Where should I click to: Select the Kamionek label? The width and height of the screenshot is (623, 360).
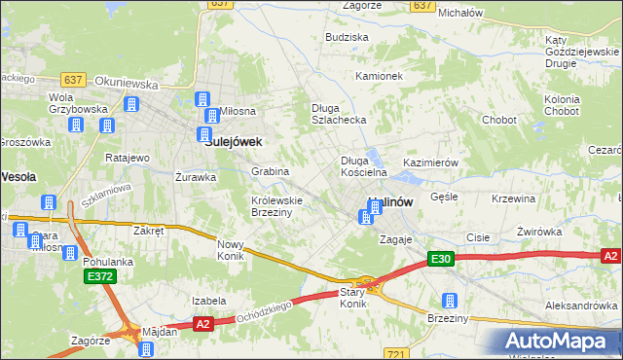(x=379, y=76)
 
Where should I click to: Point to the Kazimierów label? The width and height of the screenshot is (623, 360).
(x=429, y=163)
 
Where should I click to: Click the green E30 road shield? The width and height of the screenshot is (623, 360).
(x=441, y=258)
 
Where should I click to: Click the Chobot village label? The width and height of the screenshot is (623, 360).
(x=500, y=121)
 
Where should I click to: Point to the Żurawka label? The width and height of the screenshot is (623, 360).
(x=195, y=178)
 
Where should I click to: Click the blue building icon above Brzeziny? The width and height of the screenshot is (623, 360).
(x=450, y=301)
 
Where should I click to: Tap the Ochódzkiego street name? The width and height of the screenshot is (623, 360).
(x=264, y=311)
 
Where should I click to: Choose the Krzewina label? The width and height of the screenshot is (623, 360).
(x=514, y=198)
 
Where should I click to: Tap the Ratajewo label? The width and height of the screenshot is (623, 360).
(x=127, y=158)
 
